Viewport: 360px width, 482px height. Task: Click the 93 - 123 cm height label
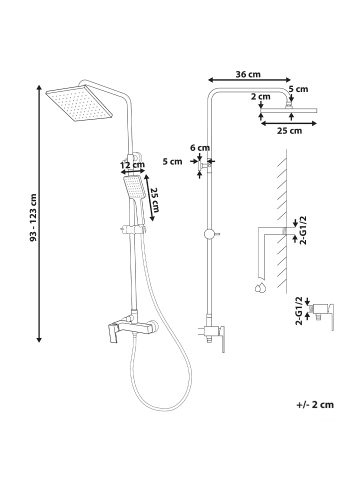pos(33,217)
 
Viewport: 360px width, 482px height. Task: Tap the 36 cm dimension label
pos(248,74)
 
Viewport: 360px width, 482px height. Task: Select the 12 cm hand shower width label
pos(132,165)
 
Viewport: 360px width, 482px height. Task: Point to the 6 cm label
pos(200,148)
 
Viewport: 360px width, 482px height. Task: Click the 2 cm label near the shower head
pos(261,97)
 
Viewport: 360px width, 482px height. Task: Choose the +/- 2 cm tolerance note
pos(315,405)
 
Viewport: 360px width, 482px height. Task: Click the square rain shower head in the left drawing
pos(79,103)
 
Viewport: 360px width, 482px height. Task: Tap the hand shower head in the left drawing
pos(133,187)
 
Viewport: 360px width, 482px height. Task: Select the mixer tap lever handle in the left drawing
pos(112,333)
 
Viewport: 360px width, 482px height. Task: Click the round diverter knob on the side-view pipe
pos(209,234)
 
